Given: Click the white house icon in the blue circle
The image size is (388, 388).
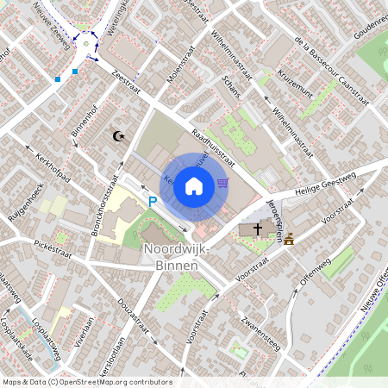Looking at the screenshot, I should point(194,185).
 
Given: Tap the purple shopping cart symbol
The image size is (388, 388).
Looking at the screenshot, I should point(223,182).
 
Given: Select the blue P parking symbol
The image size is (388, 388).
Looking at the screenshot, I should point(153,201).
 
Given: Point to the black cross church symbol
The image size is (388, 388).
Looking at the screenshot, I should point(258,229).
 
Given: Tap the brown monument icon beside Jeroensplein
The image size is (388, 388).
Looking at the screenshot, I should point(289,239).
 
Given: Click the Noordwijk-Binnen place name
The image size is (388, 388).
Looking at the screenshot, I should point(171,257).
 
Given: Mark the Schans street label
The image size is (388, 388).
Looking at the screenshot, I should point(230,84).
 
